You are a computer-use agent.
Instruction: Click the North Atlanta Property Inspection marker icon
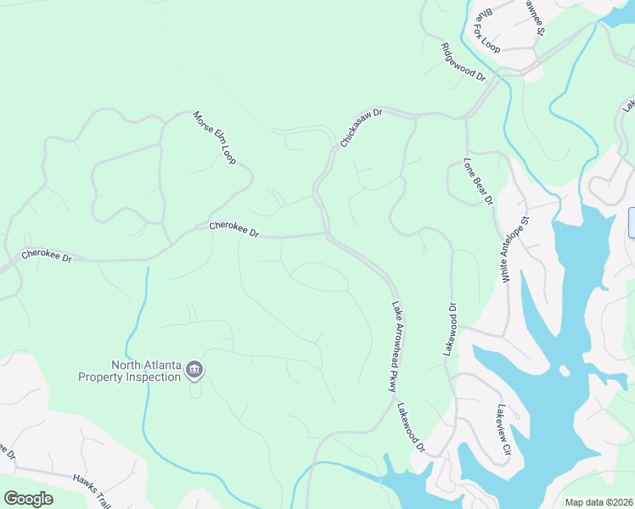tap(194, 368)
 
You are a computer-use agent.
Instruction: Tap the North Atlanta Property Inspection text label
tap(130, 371)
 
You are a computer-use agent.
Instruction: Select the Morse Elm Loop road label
tap(214, 137)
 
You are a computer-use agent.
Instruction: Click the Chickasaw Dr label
tap(362, 128)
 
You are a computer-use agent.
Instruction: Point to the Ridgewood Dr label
tap(463, 62)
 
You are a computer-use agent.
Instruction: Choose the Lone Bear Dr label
tap(478, 181)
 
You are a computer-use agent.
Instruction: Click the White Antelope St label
tap(514, 248)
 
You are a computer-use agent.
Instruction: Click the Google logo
tap(28, 499)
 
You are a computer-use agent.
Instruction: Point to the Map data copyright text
tap(598, 502)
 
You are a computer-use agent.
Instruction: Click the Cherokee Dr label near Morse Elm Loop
tap(233, 229)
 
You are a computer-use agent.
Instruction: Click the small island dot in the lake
tap(563, 371)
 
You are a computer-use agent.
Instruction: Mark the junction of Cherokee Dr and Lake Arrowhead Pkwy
tap(327, 234)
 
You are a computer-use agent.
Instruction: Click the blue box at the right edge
tap(631, 222)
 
